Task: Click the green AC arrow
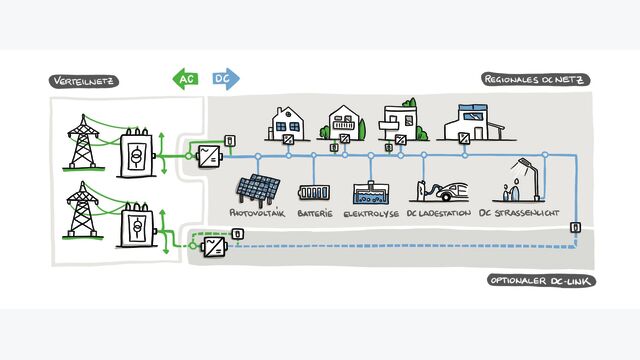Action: (186, 78)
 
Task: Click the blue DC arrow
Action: (226, 78)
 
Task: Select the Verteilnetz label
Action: (84, 81)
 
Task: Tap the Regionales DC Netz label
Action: (536, 79)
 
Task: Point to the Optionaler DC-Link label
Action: (541, 281)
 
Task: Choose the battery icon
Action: (314, 193)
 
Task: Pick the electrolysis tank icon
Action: (371, 193)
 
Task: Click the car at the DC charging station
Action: (452, 192)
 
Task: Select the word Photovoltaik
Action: (257, 213)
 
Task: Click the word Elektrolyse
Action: (371, 213)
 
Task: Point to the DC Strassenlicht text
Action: (519, 213)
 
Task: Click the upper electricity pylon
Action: (83, 142)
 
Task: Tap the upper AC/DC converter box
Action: (209, 156)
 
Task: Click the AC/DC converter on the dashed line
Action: (215, 246)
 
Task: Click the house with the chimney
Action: (286, 124)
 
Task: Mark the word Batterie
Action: (315, 213)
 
